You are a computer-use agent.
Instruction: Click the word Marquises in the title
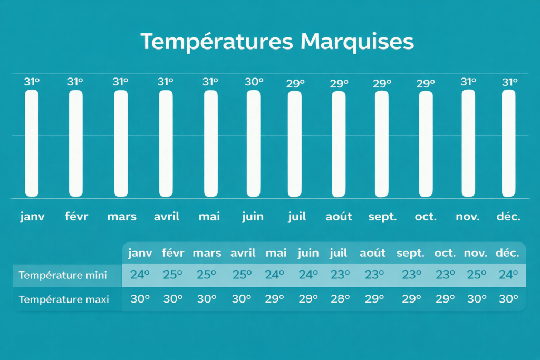[357, 42]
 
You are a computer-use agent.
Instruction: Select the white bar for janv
[32, 143]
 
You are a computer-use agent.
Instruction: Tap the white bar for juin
[254, 143]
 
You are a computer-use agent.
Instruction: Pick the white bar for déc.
[509, 143]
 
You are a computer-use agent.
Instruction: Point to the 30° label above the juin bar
[254, 82]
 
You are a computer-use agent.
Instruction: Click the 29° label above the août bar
[339, 84]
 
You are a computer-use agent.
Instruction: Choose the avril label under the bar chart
[167, 217]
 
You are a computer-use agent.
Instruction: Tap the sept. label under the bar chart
[383, 217]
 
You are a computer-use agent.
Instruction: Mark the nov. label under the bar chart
[468, 217]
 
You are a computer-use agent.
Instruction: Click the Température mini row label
[63, 275]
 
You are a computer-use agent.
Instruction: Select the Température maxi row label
[64, 299]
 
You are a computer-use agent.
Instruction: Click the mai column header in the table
[276, 253]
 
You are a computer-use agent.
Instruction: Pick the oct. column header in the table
[445, 254]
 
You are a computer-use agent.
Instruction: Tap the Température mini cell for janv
[140, 275]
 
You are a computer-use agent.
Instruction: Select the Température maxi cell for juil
[340, 299]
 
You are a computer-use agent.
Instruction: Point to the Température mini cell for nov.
[477, 275]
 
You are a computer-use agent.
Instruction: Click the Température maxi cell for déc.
[509, 299]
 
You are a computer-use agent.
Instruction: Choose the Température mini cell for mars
[206, 275]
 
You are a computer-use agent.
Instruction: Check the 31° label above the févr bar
[75, 82]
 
